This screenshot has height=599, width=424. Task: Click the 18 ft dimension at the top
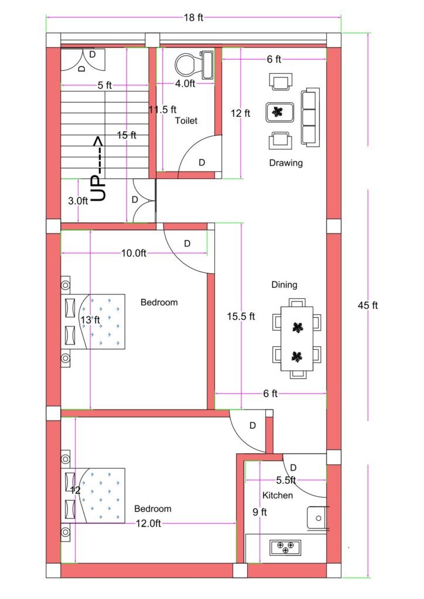tap(193, 18)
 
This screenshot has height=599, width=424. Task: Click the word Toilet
tap(186, 121)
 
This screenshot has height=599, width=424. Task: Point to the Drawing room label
tap(286, 163)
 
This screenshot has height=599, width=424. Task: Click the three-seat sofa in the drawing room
tap(310, 117)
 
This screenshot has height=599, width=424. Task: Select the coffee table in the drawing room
tap(278, 112)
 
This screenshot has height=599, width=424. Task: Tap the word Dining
tap(284, 285)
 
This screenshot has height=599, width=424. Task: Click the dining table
tap(297, 339)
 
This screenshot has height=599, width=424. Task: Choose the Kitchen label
tap(278, 495)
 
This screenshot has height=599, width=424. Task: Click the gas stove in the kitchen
tap(285, 548)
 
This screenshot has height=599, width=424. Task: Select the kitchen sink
tap(317, 518)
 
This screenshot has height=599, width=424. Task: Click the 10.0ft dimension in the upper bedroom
tap(133, 253)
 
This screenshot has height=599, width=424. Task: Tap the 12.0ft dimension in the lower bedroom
tap(148, 524)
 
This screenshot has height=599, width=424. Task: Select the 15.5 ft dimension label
tap(241, 316)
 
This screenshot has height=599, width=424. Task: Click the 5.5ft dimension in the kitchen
tap(286, 480)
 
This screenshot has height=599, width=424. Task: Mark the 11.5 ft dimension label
tap(162, 109)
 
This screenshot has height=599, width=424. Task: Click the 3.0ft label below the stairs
tap(78, 201)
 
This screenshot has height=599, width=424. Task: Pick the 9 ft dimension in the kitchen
tap(259, 512)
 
